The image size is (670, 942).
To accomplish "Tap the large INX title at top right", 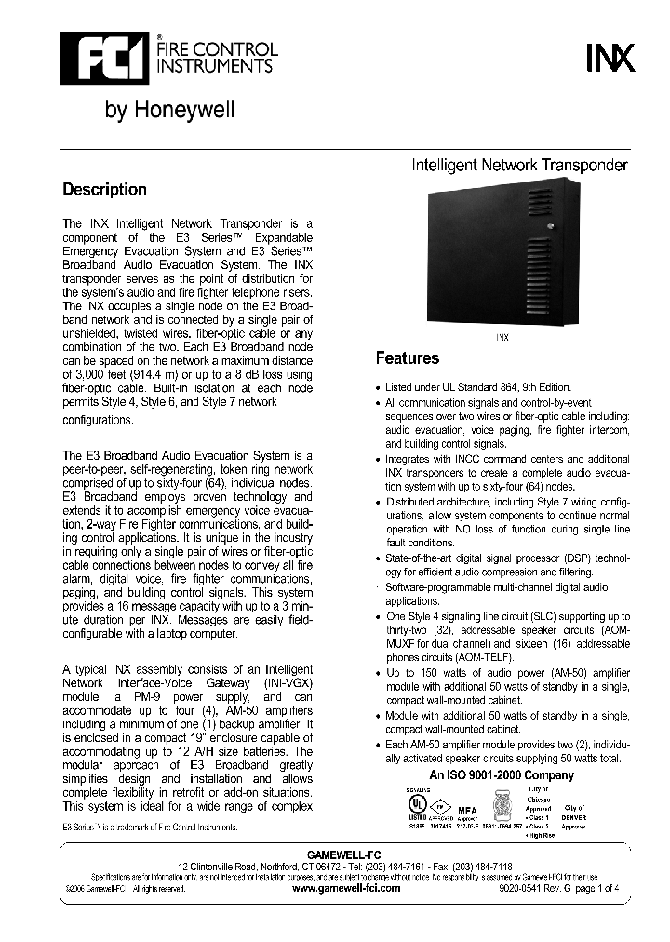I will [610, 61].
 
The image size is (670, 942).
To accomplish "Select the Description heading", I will [104, 190].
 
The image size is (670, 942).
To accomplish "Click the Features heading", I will [407, 358].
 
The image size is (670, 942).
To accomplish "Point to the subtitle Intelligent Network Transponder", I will [519, 165].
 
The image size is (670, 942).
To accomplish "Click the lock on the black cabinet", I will [550, 227].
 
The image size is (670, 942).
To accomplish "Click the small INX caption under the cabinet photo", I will [502, 339].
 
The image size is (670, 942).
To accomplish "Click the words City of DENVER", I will [574, 813].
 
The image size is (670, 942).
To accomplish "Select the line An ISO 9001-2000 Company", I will [502, 775].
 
